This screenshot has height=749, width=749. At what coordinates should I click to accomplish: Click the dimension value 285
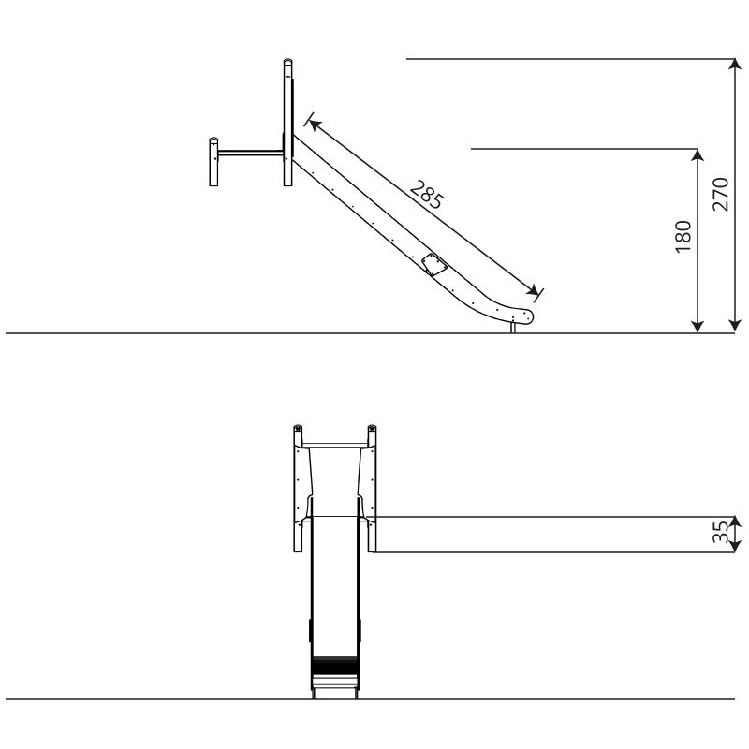[x=428, y=195]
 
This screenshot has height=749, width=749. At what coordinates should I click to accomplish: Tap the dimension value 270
[x=721, y=195]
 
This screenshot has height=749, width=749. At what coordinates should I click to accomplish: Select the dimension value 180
[x=683, y=237]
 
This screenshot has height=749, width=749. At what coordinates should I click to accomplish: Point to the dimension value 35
[x=721, y=532]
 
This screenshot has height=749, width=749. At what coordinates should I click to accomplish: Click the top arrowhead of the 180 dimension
[x=698, y=155]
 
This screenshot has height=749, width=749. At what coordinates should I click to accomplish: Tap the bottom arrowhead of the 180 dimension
[x=698, y=326]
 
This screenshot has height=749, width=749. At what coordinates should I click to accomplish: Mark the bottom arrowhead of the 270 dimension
[x=735, y=326]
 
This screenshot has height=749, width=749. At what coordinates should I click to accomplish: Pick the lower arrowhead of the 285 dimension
[x=532, y=289]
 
